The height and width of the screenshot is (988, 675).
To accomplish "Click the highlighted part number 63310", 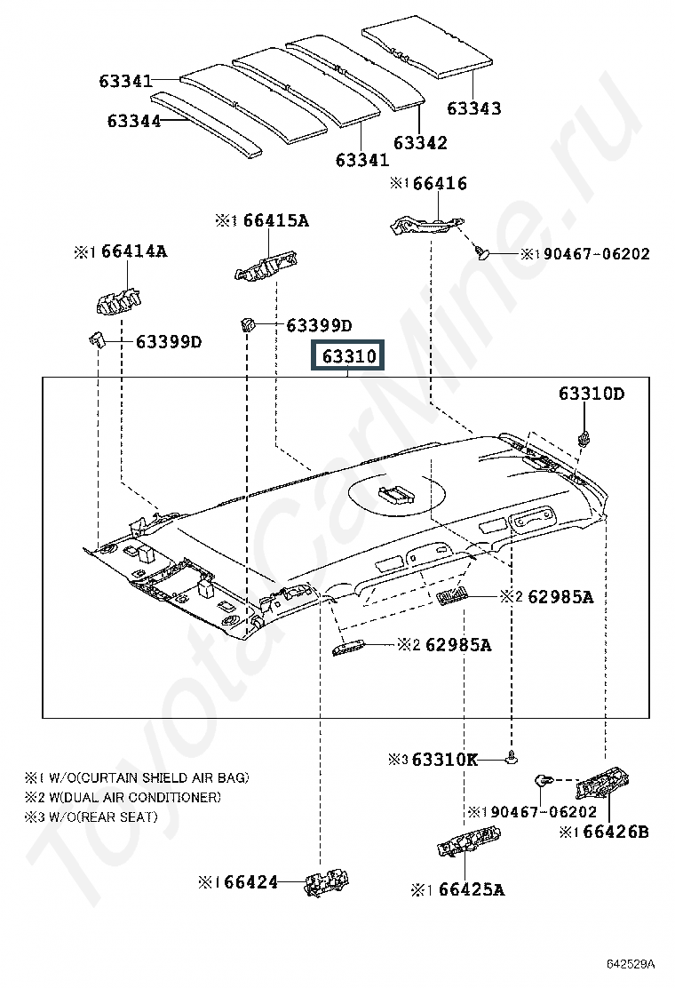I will (349, 356).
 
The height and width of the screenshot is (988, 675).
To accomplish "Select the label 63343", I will (473, 108).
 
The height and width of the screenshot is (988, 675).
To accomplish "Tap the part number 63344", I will (134, 121).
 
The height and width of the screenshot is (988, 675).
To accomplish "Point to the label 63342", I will (420, 142).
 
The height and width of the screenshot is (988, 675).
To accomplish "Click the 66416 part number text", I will (440, 184).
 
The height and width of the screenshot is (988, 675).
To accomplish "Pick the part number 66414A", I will (133, 251).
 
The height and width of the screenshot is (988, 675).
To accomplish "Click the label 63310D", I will (591, 394).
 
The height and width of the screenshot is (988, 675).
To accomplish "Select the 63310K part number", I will (445, 760).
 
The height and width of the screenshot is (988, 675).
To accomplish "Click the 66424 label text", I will (250, 882).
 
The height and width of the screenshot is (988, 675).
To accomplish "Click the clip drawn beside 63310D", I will (584, 437).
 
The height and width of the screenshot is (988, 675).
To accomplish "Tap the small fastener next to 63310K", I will (512, 758).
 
